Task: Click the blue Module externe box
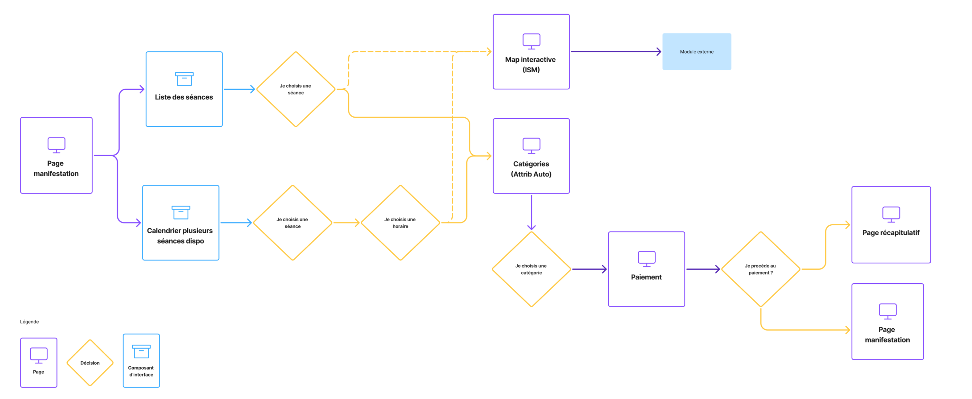[696, 52]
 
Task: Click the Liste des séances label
[184, 97]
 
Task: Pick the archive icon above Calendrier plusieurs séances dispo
[181, 212]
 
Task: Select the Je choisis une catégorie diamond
[531, 269]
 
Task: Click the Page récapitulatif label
[891, 232]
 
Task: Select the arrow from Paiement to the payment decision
[702, 269]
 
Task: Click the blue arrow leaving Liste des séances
[239, 89]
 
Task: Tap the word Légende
[30, 322]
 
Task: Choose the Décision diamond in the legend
[90, 363]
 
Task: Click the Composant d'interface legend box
[141, 361]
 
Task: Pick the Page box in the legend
[38, 362]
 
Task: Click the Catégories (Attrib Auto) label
[531, 169]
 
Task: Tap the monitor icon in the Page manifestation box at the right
[887, 311]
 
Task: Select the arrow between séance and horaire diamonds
[346, 223]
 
